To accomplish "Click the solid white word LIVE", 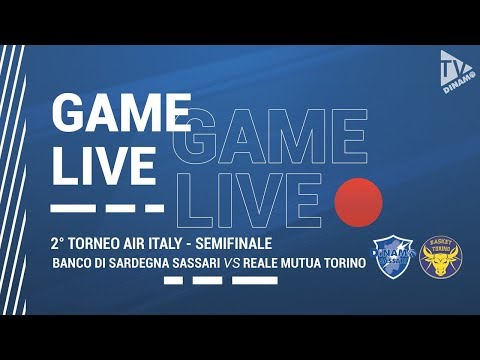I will [104, 164].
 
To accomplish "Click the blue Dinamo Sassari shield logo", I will [391, 257].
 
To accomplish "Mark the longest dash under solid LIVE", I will [69, 209].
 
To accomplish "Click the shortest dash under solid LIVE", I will [154, 209].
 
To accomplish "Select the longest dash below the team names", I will [255, 281].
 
